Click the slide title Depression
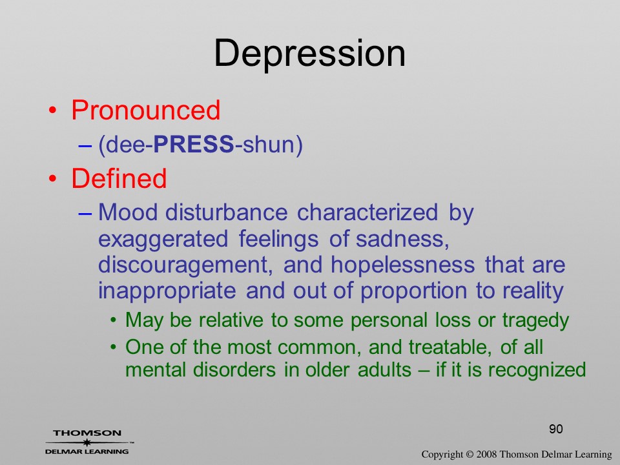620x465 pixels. (x=309, y=54)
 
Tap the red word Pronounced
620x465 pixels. (x=145, y=110)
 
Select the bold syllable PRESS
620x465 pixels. (x=194, y=143)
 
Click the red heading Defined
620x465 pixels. (x=119, y=178)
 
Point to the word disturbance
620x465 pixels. (x=226, y=212)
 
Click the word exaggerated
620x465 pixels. (x=163, y=240)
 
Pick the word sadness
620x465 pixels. (x=402, y=239)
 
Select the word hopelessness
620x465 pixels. (x=402, y=264)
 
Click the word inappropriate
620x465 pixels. (x=167, y=291)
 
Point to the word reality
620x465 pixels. (x=533, y=291)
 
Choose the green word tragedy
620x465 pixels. (x=535, y=321)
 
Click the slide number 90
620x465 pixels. (x=556, y=429)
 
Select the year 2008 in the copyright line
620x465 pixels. (x=486, y=454)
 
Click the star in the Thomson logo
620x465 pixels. (x=87, y=442)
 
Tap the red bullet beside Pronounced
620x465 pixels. (x=52, y=110)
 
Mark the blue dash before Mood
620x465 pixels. (x=85, y=214)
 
